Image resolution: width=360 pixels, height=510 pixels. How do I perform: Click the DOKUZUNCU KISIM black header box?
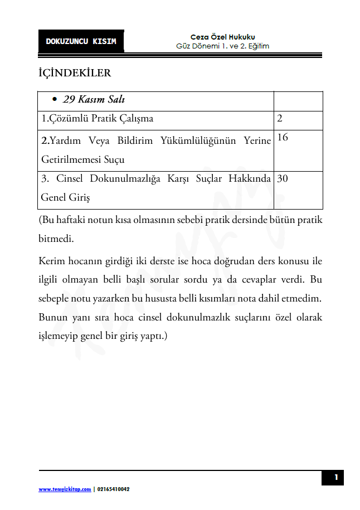(81, 41)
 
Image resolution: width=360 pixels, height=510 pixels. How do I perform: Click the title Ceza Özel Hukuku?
(222, 37)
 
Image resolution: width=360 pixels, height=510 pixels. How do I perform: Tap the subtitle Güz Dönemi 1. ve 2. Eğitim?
(222, 46)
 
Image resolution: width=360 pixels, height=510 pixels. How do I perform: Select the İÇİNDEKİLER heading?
(75, 73)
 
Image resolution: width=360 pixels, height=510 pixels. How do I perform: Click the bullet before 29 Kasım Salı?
(54, 100)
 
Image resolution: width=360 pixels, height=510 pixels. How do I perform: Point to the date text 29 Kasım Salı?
(94, 100)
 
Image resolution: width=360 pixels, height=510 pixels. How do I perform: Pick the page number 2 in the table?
(280, 118)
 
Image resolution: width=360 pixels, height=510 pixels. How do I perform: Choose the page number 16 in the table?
(283, 137)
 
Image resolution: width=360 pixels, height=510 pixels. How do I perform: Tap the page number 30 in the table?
(283, 178)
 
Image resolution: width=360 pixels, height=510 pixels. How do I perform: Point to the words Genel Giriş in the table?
(65, 197)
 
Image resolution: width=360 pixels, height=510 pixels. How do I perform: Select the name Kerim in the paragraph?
(51, 261)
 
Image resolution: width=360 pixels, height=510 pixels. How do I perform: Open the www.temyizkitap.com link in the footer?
(65, 489)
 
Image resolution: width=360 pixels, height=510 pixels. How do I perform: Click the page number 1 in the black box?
(335, 478)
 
